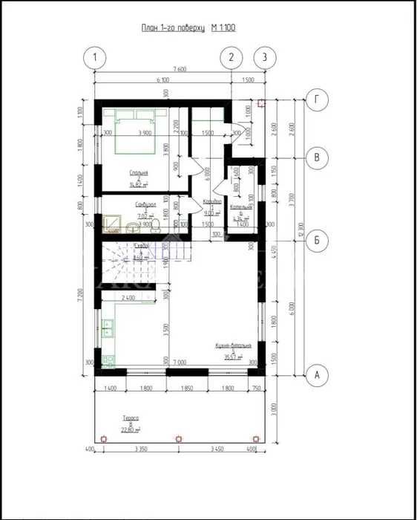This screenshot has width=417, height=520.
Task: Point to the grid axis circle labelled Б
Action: point(317,239)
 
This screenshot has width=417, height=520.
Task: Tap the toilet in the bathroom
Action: point(131,227)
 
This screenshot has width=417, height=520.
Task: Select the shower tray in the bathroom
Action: point(112,223)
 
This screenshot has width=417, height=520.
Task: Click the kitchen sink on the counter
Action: point(108,325)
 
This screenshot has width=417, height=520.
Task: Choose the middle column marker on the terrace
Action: point(178,438)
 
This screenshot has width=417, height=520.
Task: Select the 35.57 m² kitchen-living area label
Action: point(233,351)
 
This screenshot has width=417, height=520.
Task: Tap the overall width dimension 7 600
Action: point(178,69)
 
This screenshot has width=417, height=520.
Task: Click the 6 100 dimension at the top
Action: point(162,79)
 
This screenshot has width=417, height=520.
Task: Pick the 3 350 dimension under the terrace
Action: point(138,450)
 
